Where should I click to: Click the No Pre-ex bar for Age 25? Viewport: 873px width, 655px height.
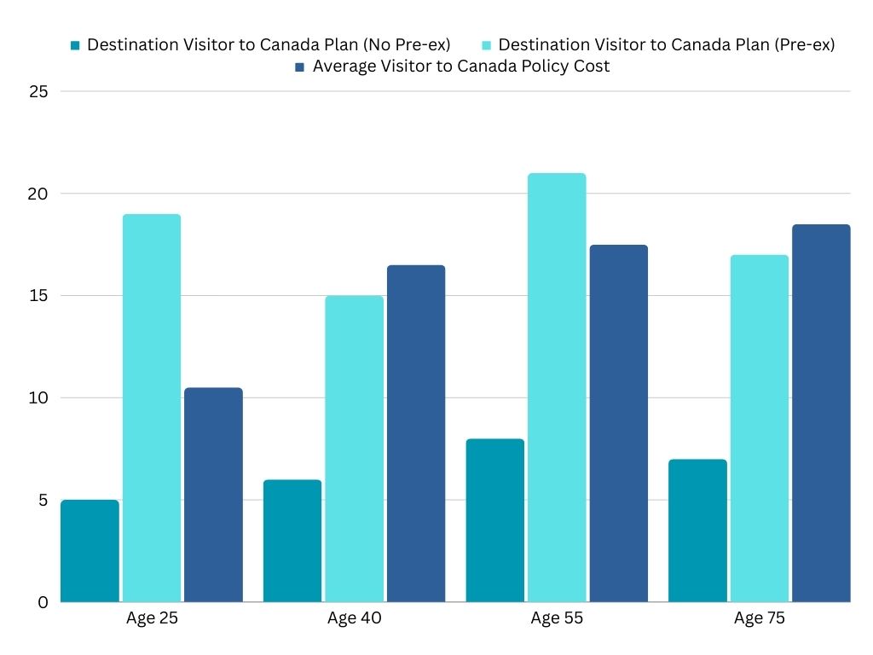tap(90, 551)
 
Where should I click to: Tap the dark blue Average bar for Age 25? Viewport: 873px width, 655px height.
tap(213, 495)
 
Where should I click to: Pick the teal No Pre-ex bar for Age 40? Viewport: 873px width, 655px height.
tap(292, 541)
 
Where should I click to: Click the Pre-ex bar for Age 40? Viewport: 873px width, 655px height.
tap(355, 449)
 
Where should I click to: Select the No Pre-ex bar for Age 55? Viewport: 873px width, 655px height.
tap(495, 520)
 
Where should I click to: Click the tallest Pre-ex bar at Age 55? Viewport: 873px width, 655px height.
tap(557, 387)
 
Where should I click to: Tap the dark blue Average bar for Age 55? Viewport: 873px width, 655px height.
tap(619, 423)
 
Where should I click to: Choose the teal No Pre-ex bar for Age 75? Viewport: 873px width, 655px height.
tap(697, 530)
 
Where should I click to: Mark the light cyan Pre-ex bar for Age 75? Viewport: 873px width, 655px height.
tap(760, 428)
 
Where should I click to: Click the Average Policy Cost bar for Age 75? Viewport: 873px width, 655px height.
tap(821, 413)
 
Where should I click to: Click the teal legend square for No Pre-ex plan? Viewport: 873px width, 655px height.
tap(76, 45)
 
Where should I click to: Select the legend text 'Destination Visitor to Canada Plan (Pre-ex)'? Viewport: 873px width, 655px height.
tap(666, 45)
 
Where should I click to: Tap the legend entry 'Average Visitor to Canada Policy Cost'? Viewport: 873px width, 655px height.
tap(461, 67)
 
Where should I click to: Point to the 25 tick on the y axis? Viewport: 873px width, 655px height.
tap(38, 91)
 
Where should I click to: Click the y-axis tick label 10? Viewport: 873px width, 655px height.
tap(38, 398)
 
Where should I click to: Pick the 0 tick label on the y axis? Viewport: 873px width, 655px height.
tap(42, 603)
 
